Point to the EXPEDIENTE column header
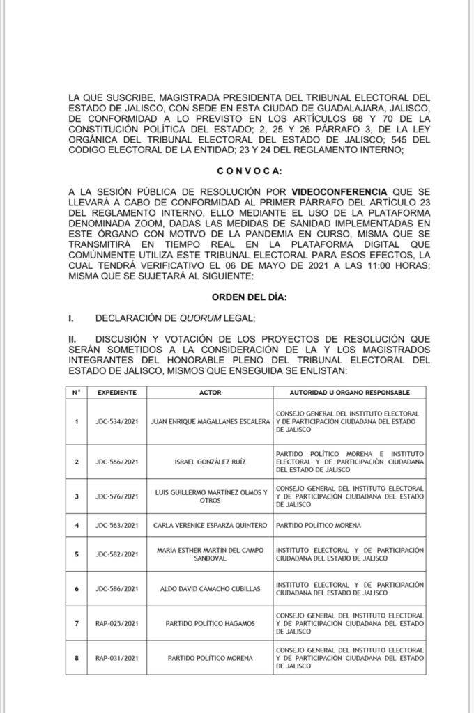[x=116, y=392]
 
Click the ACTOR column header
[x=210, y=392]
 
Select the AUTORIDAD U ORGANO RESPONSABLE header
[x=349, y=392]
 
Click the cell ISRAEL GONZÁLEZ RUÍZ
[x=210, y=461]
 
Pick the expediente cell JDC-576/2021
[x=116, y=496]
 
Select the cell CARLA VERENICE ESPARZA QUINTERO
[x=210, y=525]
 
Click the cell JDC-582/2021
[x=116, y=554]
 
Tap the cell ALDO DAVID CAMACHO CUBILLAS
[x=210, y=589]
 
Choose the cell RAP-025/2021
[x=116, y=624]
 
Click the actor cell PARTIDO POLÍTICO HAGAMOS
[x=210, y=624]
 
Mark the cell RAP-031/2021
[x=116, y=658]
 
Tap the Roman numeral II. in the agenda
[x=72, y=338]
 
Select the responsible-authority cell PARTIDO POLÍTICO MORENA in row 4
[x=316, y=525]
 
